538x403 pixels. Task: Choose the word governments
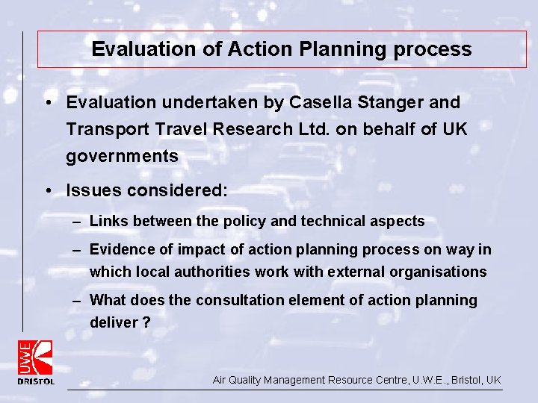click(x=122, y=157)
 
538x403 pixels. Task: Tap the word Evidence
click(x=120, y=250)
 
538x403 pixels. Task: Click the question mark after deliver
click(x=147, y=322)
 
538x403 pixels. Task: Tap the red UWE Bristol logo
click(x=36, y=361)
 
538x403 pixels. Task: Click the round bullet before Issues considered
click(x=47, y=190)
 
